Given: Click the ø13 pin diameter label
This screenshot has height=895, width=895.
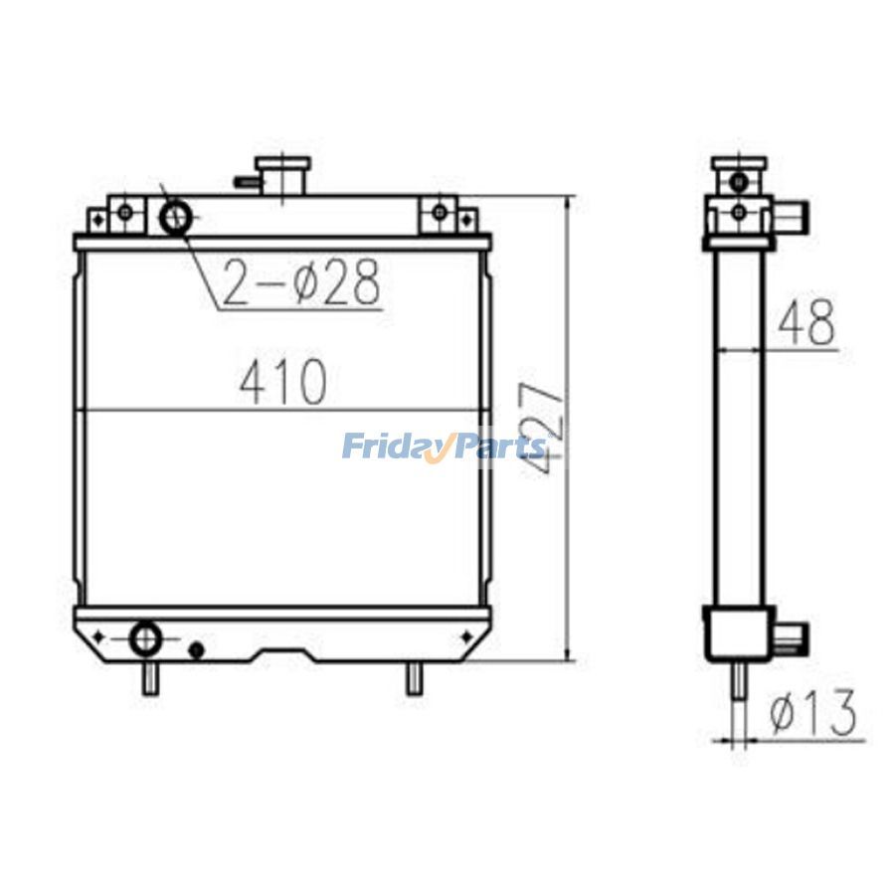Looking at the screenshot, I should pos(813,713).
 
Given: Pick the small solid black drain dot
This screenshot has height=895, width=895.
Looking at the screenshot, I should pos(196,650).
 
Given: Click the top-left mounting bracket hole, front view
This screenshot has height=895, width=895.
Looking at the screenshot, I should pos(124,212).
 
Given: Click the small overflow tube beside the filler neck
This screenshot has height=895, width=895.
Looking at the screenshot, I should pos(245,182).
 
